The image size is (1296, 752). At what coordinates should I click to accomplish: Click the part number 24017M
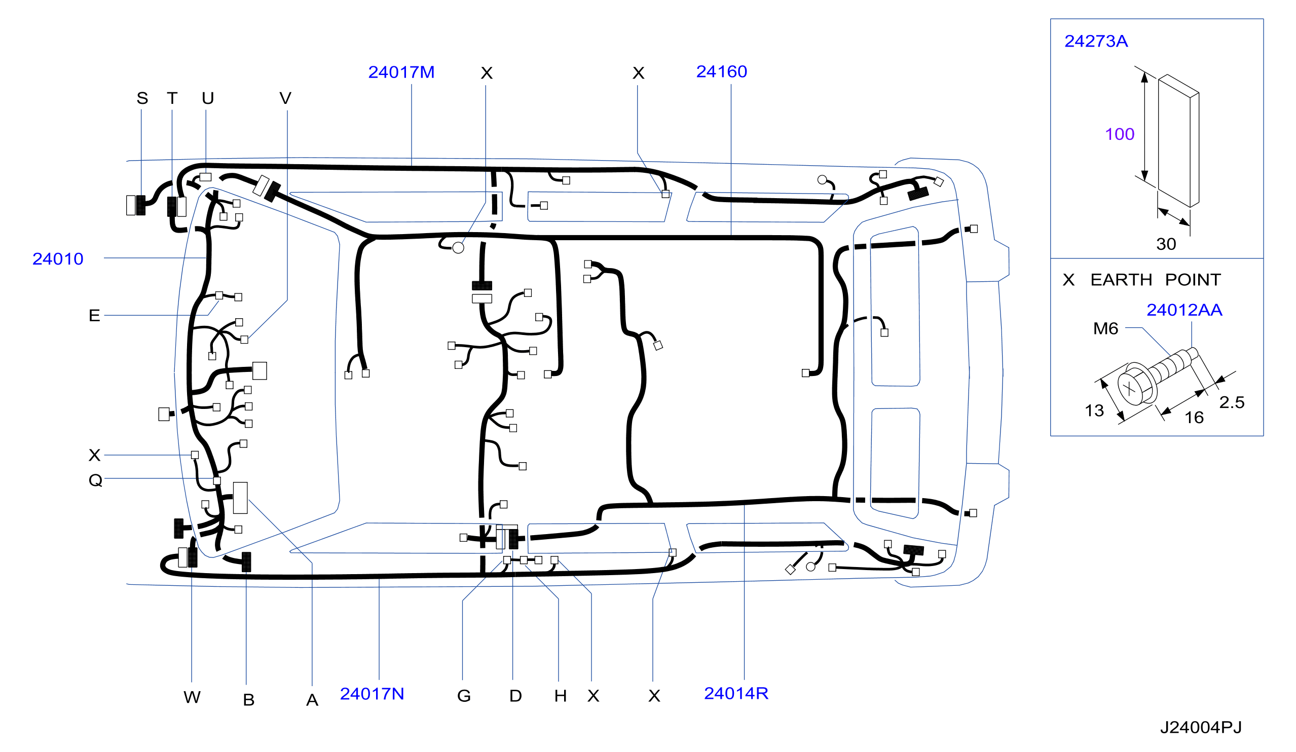tap(401, 72)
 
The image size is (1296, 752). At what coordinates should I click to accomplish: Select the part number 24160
tap(722, 72)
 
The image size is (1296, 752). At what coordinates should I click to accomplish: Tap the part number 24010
tap(58, 259)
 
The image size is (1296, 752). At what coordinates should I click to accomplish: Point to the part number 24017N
tap(372, 694)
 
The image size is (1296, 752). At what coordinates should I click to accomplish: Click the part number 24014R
tap(736, 693)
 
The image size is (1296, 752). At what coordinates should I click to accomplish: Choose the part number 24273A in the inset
tap(1096, 41)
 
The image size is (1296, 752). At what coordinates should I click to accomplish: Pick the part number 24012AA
tap(1184, 310)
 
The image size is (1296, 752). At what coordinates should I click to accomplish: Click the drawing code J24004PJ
tap(1201, 727)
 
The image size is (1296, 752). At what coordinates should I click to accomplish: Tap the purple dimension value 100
tap(1120, 134)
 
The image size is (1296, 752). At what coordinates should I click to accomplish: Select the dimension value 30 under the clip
tap(1166, 244)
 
